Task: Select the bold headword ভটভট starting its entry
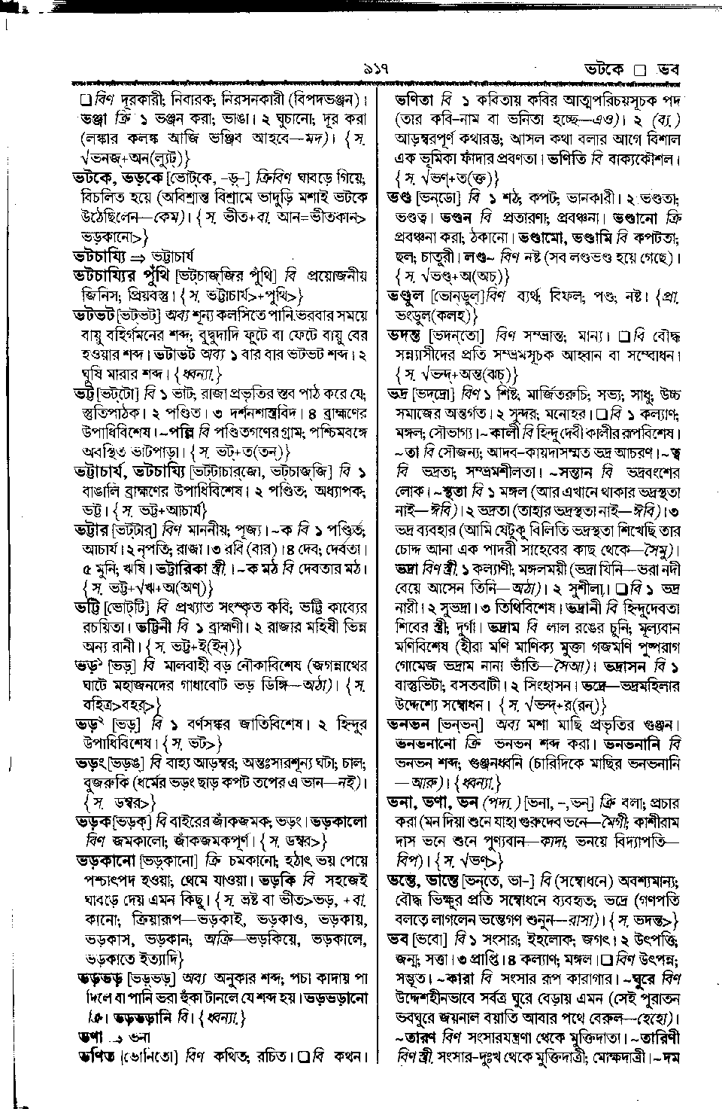tap(98, 312)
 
